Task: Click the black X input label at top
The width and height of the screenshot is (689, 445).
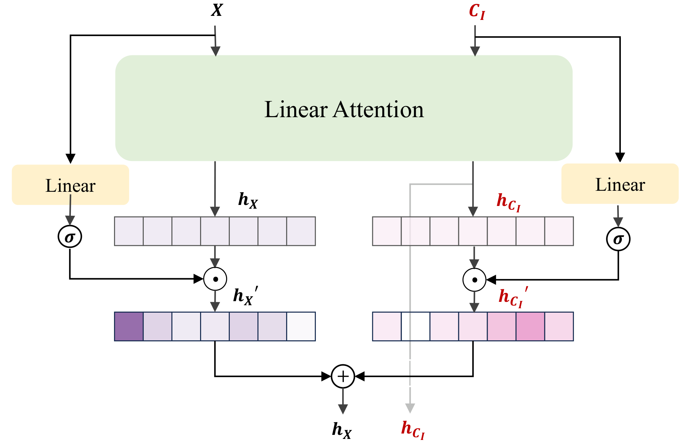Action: (x=217, y=10)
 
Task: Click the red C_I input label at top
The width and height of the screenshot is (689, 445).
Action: (x=477, y=12)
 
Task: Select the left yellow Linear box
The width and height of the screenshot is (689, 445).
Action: (x=71, y=185)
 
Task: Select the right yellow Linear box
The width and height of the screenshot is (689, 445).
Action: (x=620, y=184)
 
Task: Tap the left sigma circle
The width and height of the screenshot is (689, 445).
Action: (x=70, y=237)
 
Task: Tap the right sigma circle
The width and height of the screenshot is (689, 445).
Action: (x=618, y=239)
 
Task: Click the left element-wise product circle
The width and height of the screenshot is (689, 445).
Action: (x=215, y=279)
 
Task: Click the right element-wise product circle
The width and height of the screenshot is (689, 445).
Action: (x=474, y=280)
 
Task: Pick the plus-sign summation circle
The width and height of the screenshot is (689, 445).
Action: (x=343, y=376)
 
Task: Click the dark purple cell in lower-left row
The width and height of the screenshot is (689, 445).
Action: (x=129, y=326)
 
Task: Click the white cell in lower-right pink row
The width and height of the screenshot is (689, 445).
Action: (x=415, y=326)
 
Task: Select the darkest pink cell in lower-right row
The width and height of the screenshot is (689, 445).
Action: (x=530, y=326)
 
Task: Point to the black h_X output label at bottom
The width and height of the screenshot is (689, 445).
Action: (x=341, y=430)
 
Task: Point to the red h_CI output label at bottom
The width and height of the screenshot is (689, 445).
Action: (x=413, y=429)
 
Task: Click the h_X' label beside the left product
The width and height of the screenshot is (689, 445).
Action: (x=245, y=296)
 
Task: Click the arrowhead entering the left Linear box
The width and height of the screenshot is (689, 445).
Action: (x=71, y=158)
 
